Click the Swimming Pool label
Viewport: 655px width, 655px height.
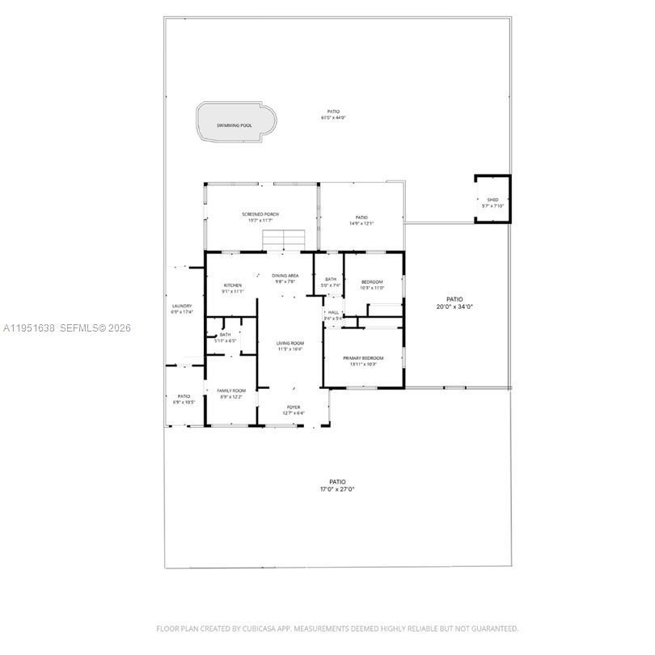click(234, 125)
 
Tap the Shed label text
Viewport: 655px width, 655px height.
click(492, 200)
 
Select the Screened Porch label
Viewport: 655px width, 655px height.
click(260, 214)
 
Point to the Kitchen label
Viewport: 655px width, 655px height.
click(233, 285)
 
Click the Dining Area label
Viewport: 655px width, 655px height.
click(285, 276)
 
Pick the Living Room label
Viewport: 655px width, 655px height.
click(289, 343)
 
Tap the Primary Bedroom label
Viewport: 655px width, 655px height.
click(363, 357)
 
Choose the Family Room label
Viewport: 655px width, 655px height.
click(230, 391)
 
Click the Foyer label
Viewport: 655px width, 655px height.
click(293, 407)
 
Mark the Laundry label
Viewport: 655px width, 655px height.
click(182, 306)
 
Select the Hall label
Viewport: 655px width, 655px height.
click(333, 312)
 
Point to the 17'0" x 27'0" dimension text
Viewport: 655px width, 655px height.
click(337, 489)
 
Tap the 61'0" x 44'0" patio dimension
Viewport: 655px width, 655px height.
click(333, 118)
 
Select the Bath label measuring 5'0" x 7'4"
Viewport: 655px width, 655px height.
click(330, 279)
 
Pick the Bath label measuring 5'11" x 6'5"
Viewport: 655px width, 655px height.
click(225, 335)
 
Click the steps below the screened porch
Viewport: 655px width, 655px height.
click(283, 240)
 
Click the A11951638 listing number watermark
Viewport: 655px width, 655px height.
click(28, 328)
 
